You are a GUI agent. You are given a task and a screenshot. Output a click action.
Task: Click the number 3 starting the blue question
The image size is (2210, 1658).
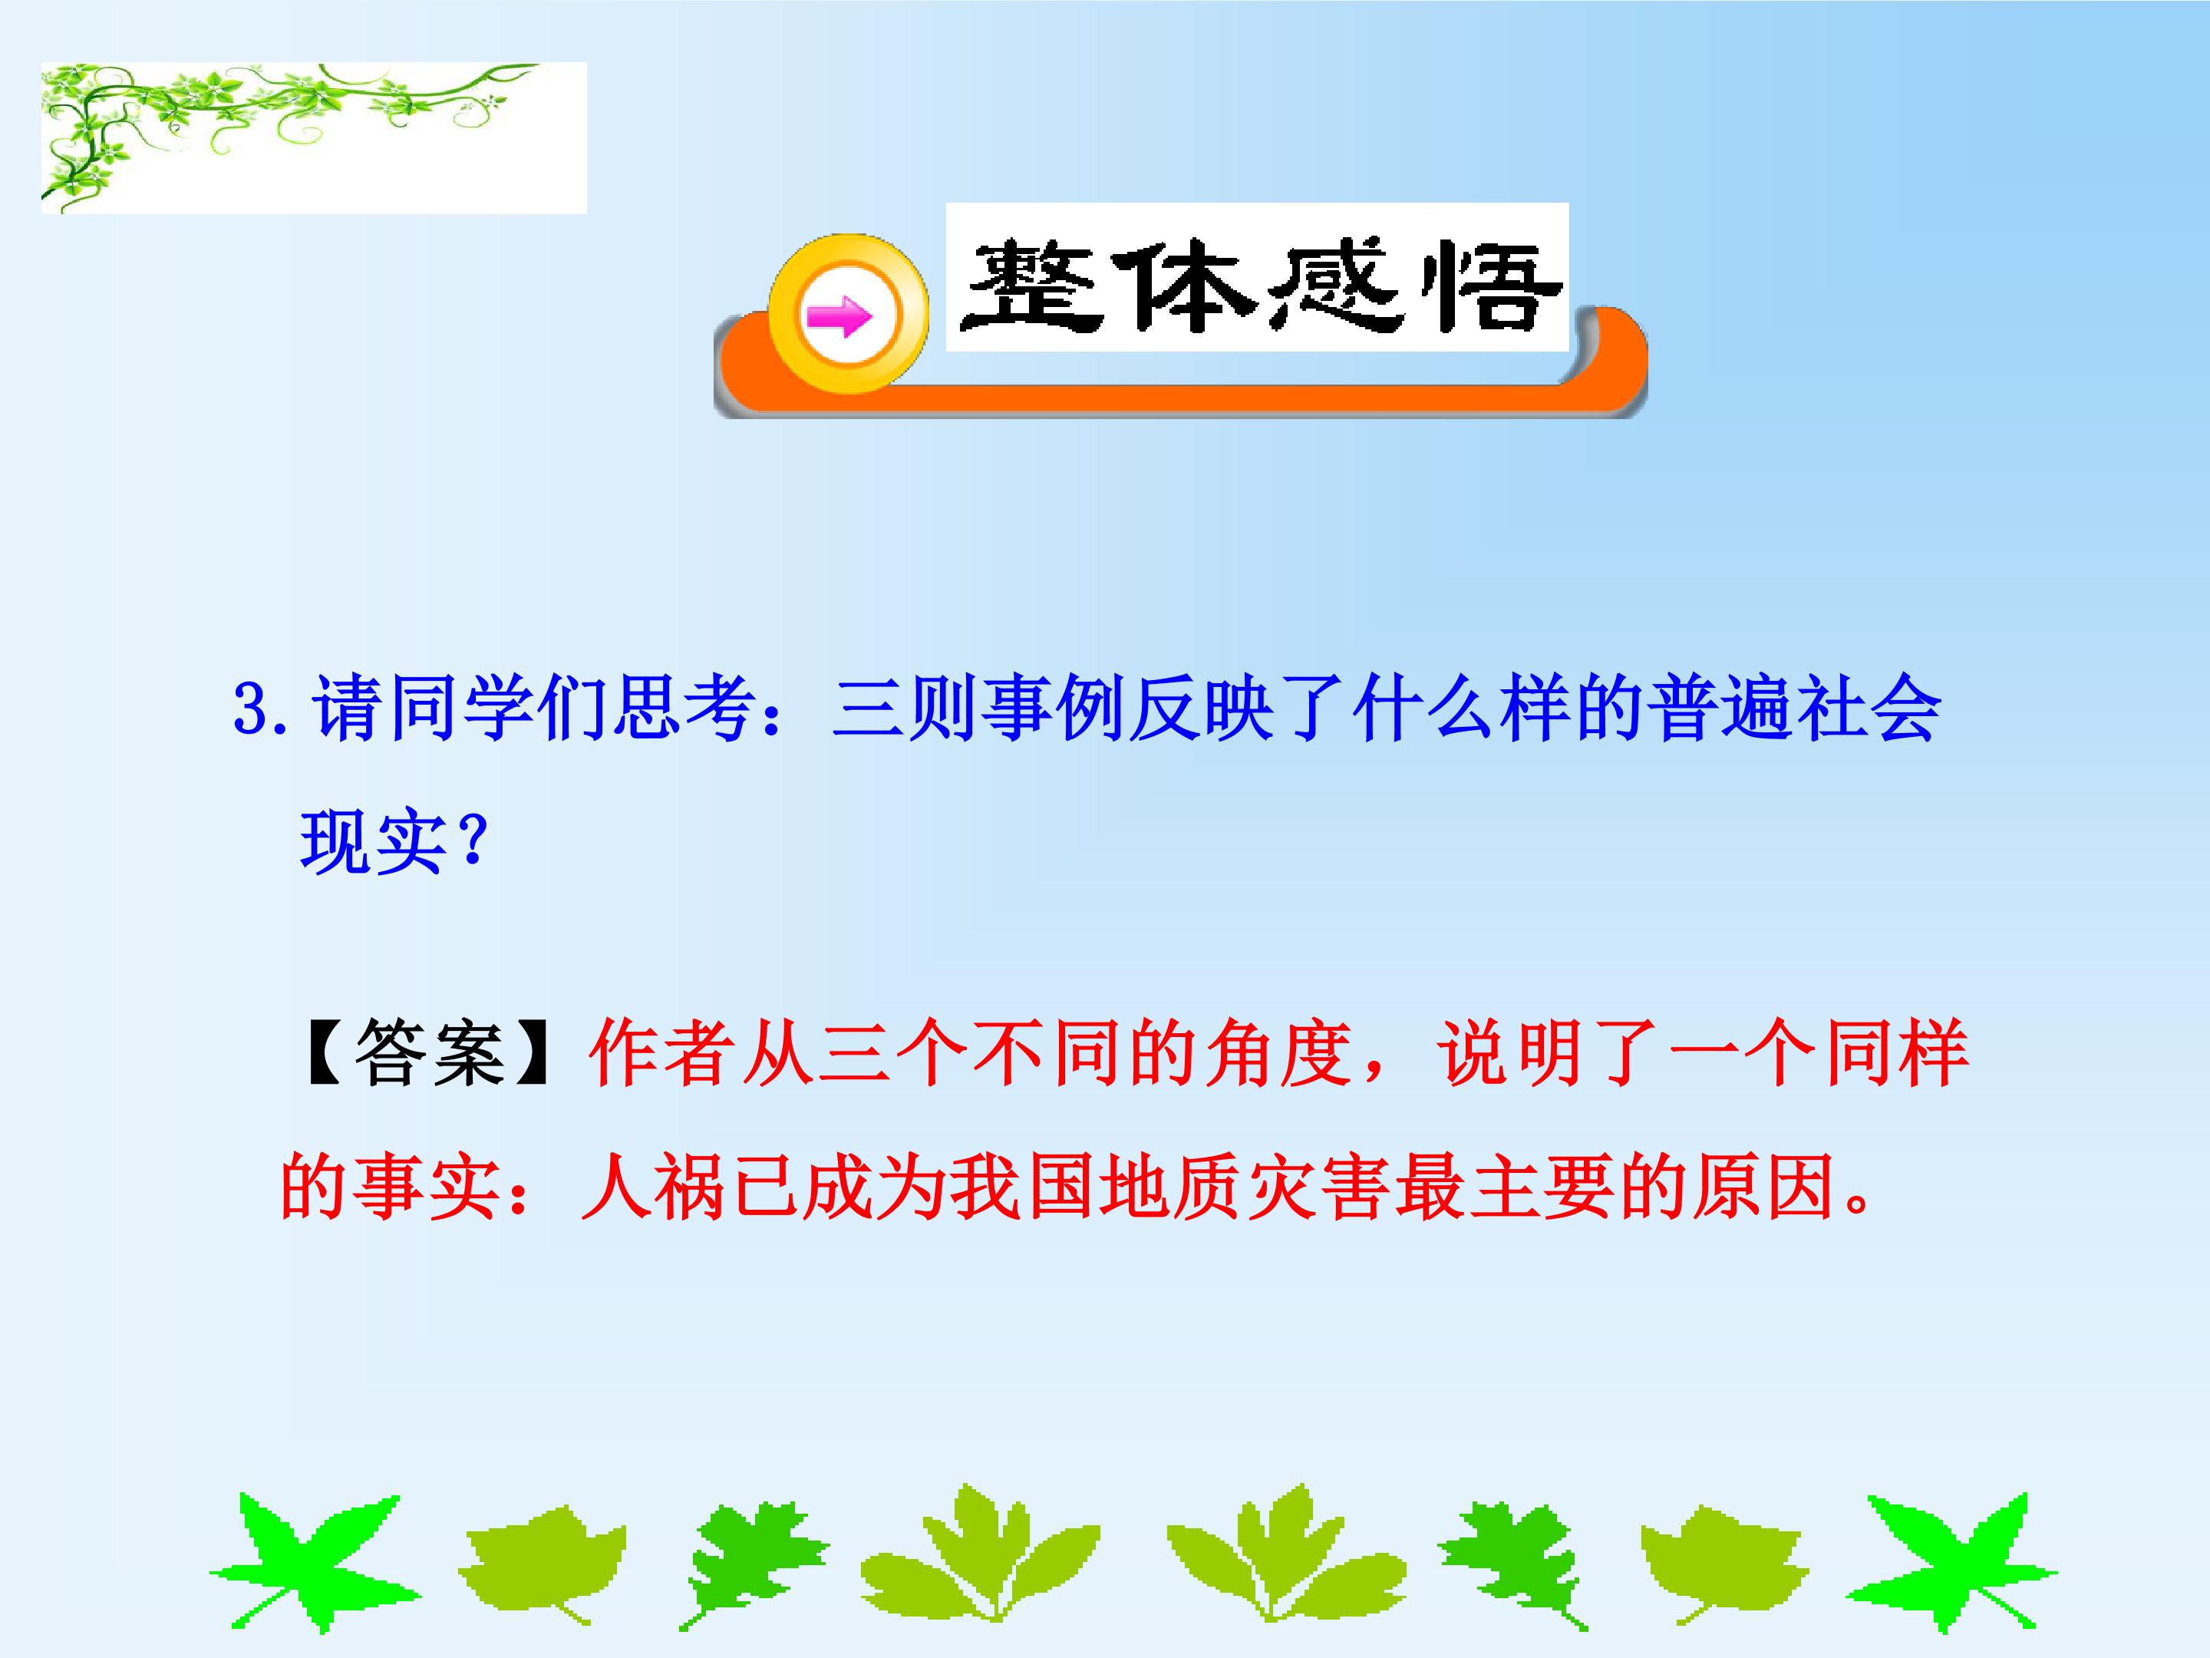[249, 709]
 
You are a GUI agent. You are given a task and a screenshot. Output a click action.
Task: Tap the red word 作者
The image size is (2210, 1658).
[662, 1052]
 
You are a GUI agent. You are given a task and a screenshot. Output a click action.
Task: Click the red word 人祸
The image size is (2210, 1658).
[654, 1187]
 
